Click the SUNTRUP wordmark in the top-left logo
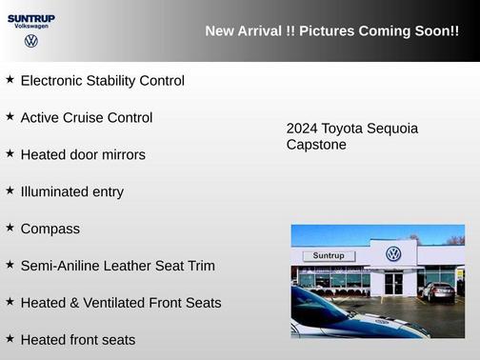point(30,17)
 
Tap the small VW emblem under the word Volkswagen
point(31,41)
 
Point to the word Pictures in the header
point(325,31)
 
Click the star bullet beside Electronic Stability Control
point(10,80)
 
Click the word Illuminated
point(58,191)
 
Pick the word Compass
point(50,229)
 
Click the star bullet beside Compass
point(10,228)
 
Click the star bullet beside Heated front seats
point(10,338)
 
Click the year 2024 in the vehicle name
point(302,129)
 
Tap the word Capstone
point(316,145)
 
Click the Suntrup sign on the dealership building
point(328,255)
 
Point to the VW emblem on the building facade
point(393,254)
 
